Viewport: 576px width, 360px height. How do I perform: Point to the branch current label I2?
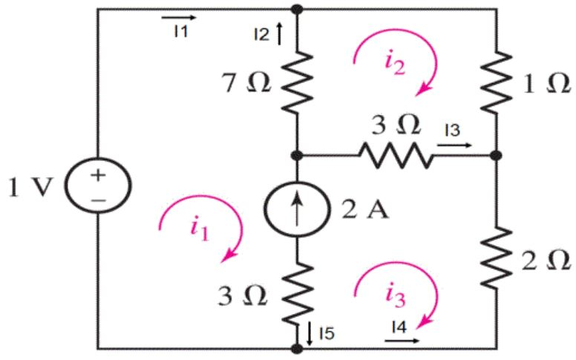[261, 33]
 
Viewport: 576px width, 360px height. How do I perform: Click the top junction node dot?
[297, 9]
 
